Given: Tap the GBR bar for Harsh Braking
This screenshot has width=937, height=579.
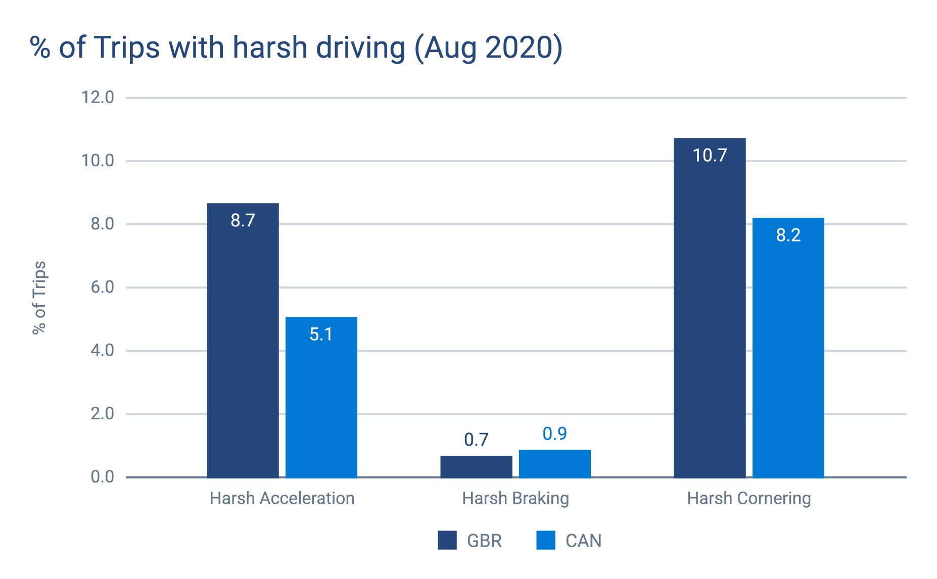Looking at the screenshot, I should click(x=476, y=467).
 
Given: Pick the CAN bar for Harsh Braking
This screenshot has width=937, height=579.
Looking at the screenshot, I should click(x=554, y=464).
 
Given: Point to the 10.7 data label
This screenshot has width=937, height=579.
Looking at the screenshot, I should click(x=710, y=156).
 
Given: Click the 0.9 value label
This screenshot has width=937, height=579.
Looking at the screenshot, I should click(x=554, y=434).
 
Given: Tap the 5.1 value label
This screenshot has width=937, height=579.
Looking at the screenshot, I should click(x=321, y=334).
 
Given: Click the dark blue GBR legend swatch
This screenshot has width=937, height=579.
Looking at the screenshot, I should click(x=447, y=540).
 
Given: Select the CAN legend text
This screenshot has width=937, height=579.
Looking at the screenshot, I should click(x=583, y=541).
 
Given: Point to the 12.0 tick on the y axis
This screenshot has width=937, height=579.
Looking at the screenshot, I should click(x=98, y=98).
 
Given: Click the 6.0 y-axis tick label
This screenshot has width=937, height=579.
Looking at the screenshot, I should click(x=103, y=287).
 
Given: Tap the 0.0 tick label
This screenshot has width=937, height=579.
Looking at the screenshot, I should click(x=103, y=477).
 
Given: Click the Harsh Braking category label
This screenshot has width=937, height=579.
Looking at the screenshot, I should click(x=516, y=499).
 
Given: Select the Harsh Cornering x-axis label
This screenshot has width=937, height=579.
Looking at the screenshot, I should click(x=749, y=499).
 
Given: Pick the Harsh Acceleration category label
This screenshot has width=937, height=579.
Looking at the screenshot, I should click(x=282, y=499).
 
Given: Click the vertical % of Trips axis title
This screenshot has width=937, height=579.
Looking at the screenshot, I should click(x=39, y=298).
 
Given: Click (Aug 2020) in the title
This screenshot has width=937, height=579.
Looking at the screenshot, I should click(x=488, y=49).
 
